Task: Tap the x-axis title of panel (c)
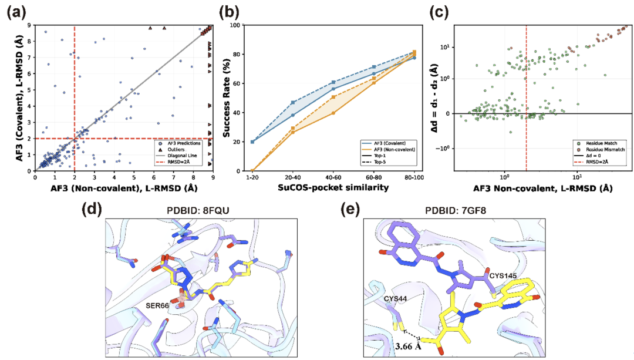coord(543,188)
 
